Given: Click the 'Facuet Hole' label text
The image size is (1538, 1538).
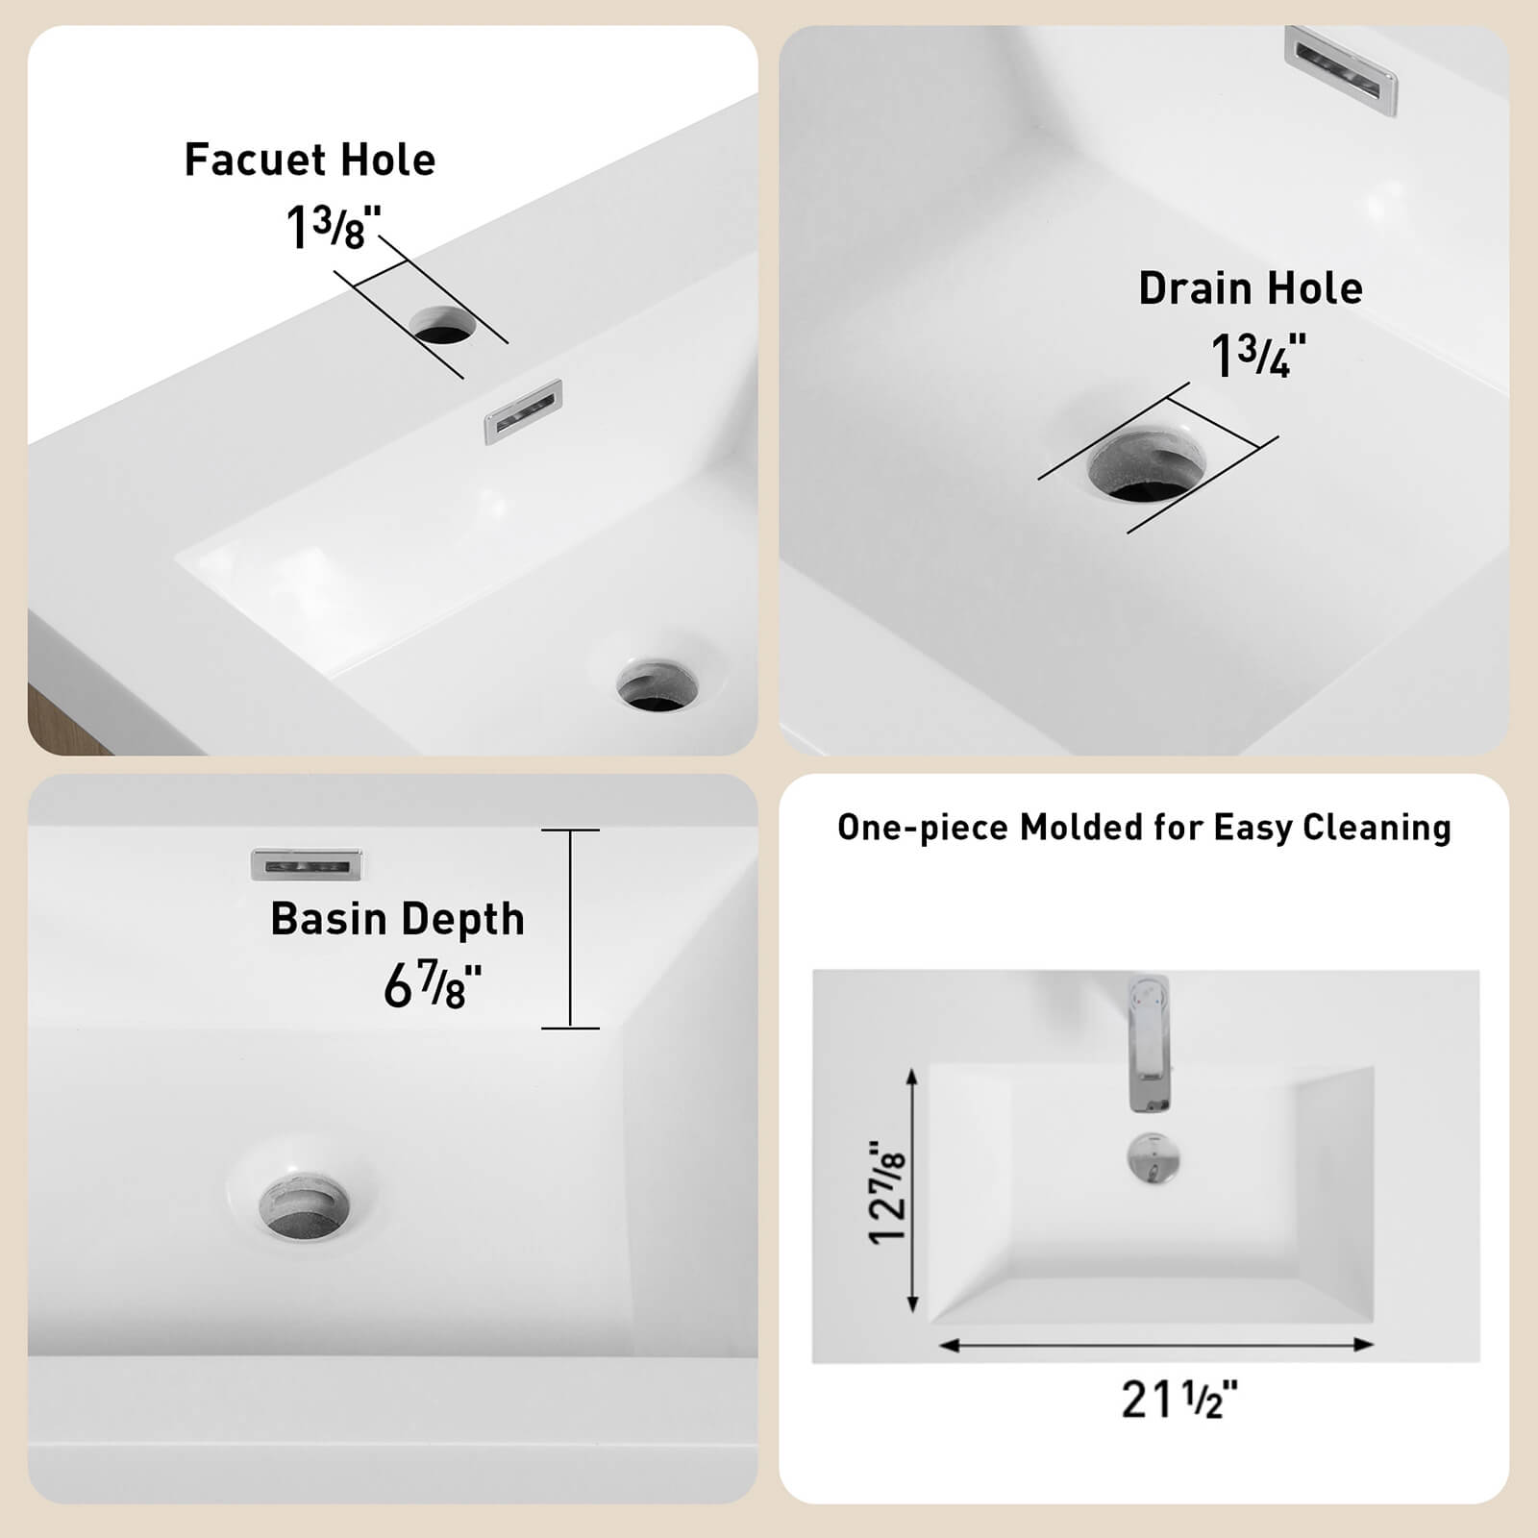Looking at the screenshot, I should point(310,160).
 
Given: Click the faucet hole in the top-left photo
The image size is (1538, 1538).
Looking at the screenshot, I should point(443,326).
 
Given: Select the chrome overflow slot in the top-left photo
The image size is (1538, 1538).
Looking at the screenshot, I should point(523,411).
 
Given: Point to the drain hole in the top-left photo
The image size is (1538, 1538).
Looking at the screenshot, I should point(657,684).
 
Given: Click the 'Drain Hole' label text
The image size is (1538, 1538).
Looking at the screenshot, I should point(1250,288).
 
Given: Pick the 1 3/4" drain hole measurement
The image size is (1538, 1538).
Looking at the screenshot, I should point(1257,356).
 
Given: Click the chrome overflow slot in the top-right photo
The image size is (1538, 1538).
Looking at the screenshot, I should point(1341,69).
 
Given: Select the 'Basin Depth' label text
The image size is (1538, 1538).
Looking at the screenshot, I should point(397,919).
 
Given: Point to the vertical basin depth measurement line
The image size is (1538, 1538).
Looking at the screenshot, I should point(570,929).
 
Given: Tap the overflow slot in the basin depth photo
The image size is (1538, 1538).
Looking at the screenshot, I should point(307,865).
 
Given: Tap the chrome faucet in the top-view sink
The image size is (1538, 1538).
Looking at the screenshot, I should point(1150,1044).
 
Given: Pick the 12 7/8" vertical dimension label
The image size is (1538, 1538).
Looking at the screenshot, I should point(887,1192).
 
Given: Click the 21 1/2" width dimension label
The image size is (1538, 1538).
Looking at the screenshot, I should point(1178,1400).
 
